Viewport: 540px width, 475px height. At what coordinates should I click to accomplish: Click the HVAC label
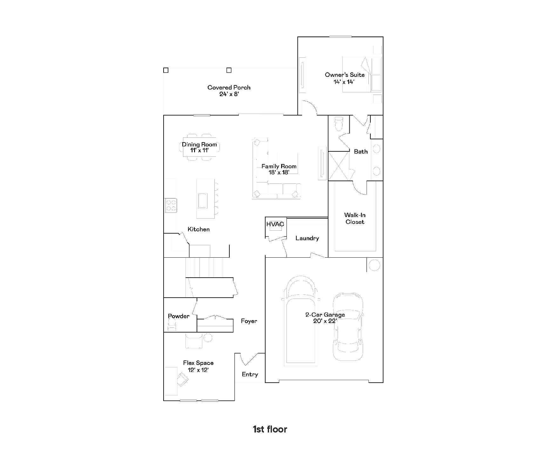[x=275, y=224]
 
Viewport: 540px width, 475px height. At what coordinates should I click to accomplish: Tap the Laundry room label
[x=307, y=238]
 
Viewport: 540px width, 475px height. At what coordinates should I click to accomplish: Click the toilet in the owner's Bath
[x=339, y=123]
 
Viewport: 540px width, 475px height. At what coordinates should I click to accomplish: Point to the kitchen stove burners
[x=171, y=205]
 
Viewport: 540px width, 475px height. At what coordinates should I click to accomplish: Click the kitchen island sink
[x=203, y=201]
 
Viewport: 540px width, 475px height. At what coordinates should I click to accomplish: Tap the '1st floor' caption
[x=270, y=429]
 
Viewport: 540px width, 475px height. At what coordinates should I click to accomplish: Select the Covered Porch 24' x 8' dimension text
[x=229, y=94]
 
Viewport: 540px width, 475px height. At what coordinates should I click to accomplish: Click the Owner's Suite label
[x=345, y=75]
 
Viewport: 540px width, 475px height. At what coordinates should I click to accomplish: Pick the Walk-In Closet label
[x=355, y=219]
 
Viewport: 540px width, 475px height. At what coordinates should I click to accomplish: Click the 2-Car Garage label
[x=325, y=315]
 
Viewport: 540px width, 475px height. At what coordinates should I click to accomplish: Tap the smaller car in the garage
[x=348, y=327]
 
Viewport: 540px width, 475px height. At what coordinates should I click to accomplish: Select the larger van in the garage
[x=301, y=320]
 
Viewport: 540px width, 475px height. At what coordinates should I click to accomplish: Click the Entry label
[x=250, y=375]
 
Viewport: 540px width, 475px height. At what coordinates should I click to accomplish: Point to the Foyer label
[x=249, y=321]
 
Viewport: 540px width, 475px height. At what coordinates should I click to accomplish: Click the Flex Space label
[x=198, y=363]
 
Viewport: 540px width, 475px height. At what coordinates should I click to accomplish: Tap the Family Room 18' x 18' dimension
[x=279, y=173]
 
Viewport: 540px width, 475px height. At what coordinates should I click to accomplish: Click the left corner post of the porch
[x=166, y=70]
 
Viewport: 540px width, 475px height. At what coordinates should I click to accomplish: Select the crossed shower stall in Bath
[x=339, y=166]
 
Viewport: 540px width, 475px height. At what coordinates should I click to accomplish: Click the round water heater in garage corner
[x=374, y=265]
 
